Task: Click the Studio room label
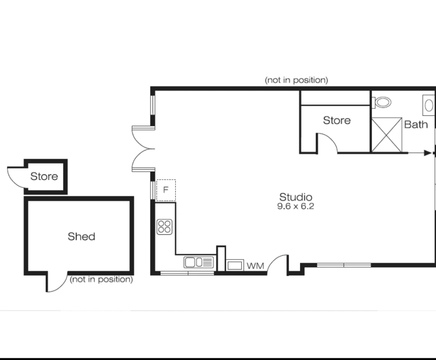click(x=295, y=197)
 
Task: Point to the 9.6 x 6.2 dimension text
click(x=295, y=206)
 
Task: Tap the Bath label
click(x=416, y=125)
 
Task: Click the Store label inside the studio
click(x=336, y=121)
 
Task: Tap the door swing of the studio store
click(x=327, y=142)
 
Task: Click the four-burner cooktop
click(x=165, y=227)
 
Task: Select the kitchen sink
click(x=199, y=262)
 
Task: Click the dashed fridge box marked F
click(x=165, y=190)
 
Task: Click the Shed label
click(x=82, y=236)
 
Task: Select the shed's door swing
click(x=55, y=283)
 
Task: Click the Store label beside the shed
click(x=44, y=176)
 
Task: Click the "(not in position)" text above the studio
click(x=296, y=80)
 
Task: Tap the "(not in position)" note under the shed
click(x=101, y=279)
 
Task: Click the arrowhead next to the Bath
click(x=427, y=153)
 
